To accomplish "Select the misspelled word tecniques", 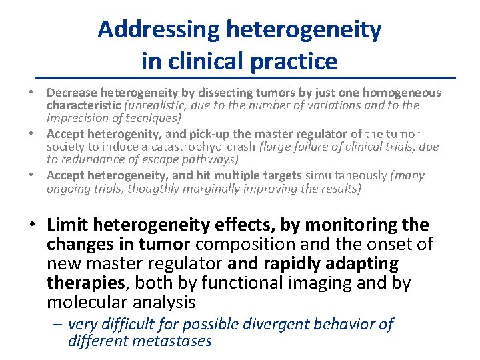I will click(148, 118).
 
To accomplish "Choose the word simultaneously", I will click(346, 175).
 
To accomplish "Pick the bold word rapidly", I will click(295, 264).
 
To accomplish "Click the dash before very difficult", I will click(58, 325).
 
